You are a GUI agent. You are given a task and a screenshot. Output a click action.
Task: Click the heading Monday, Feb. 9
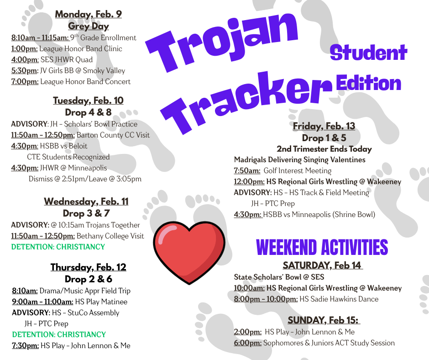coord(89,14)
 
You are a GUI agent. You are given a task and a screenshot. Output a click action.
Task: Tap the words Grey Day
coord(89,26)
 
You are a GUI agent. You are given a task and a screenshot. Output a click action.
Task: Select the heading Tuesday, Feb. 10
coord(88,101)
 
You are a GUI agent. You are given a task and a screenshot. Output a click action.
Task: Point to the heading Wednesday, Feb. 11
coord(86,201)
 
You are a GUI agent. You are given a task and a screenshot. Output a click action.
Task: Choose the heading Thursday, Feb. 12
coord(88,267)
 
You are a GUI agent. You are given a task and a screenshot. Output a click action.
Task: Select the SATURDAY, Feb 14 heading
coord(322,265)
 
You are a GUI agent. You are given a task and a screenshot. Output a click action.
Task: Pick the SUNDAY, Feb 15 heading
coord(324,320)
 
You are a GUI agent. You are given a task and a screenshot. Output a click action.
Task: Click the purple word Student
coord(368,53)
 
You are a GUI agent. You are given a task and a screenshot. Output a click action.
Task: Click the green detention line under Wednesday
coord(58,247)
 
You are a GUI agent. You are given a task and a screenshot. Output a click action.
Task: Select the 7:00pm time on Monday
coord(25,82)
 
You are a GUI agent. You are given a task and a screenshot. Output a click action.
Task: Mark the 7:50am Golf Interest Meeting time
coord(247,171)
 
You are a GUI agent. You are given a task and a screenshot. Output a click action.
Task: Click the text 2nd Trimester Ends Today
coord(324,149)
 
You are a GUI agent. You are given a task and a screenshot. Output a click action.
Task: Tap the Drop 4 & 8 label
coord(88,112)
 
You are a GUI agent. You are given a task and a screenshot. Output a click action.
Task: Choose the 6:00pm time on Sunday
coord(247,343)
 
